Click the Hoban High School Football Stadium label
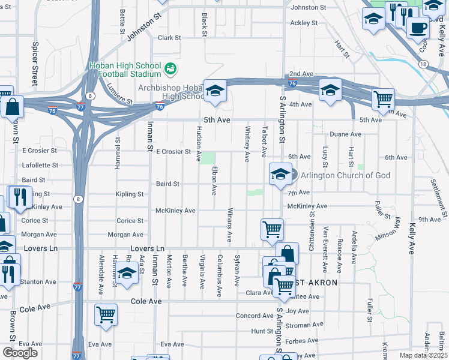[124, 70]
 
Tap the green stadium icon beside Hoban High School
[171, 68]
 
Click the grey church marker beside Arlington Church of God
[293, 175]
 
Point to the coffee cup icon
[418, 28]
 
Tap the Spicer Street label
[35, 63]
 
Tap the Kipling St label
[130, 194]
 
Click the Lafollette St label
[40, 165]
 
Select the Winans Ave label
[231, 226]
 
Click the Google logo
[20, 353]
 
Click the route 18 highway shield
[424, 64]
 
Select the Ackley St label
[304, 23]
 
